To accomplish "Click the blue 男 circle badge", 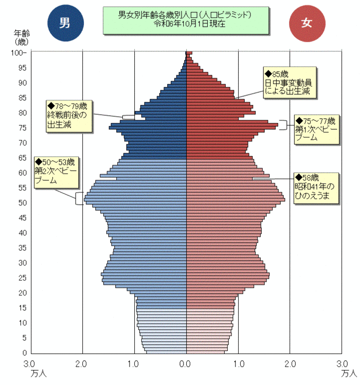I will click(65, 22).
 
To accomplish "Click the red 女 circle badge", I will click(307, 22).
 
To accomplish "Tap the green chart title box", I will click(186, 20).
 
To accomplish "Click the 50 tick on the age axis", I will click(23, 203).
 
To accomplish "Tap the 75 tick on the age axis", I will click(23, 128).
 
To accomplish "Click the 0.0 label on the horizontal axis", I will click(186, 364).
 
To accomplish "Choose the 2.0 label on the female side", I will click(290, 364).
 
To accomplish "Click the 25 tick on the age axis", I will click(23, 278).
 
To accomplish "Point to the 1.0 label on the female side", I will click(238, 364).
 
